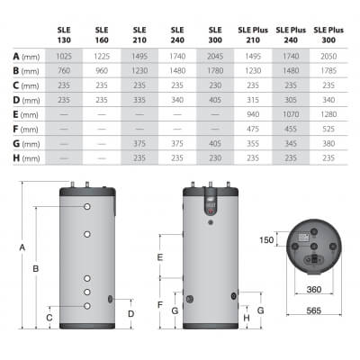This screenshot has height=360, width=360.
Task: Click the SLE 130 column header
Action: pyautogui.click(x=64, y=35)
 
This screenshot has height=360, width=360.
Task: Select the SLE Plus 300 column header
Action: pyautogui.click(x=328, y=35)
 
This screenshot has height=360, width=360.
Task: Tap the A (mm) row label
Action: pyautogui.click(x=26, y=57)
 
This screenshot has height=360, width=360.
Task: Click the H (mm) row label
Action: pyautogui.click(x=26, y=158)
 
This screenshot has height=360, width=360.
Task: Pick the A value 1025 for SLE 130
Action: pyautogui.click(x=64, y=57)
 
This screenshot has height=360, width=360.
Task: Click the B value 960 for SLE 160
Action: pyautogui.click(x=102, y=71)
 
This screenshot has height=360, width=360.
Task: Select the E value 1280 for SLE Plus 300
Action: pyautogui.click(x=328, y=114)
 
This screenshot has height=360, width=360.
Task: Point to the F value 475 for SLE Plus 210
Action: pyautogui.click(x=253, y=129)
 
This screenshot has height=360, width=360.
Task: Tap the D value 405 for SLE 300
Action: pyautogui.click(x=215, y=100)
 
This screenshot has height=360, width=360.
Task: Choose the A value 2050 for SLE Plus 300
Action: pyautogui.click(x=328, y=57)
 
